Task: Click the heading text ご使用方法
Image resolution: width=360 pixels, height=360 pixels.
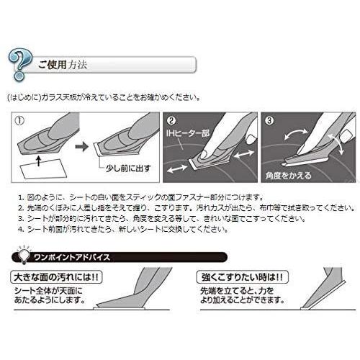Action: coord(63,65)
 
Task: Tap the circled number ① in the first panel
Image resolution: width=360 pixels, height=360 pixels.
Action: coord(19,120)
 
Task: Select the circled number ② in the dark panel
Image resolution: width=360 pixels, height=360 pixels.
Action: coord(171,120)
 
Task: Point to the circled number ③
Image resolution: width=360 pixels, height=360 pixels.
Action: coord(269,120)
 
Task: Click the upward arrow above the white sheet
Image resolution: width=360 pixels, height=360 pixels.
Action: coord(38,161)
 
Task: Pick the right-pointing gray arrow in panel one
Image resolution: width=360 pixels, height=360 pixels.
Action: coord(82,146)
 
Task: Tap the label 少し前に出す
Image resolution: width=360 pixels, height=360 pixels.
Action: coord(128,168)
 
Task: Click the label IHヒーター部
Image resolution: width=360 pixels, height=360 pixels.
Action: coord(187,133)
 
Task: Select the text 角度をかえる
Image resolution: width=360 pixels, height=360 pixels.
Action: coord(288,176)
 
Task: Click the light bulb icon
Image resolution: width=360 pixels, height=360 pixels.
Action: coord(23,254)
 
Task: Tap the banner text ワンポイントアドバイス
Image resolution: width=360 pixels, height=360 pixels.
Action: coord(72,258)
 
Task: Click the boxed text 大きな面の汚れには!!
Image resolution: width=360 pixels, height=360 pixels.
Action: coord(56,277)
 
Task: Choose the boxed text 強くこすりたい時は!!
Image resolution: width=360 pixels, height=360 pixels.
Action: coord(243,277)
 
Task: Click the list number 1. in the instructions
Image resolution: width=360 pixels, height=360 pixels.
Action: coord(21,198)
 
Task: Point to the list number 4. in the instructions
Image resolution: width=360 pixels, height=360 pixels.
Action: coord(21,229)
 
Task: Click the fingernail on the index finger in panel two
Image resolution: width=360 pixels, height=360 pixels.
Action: coord(204,155)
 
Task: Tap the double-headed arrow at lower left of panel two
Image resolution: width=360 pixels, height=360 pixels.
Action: coord(177,168)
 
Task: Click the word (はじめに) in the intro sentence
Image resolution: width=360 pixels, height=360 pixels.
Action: coord(24,98)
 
